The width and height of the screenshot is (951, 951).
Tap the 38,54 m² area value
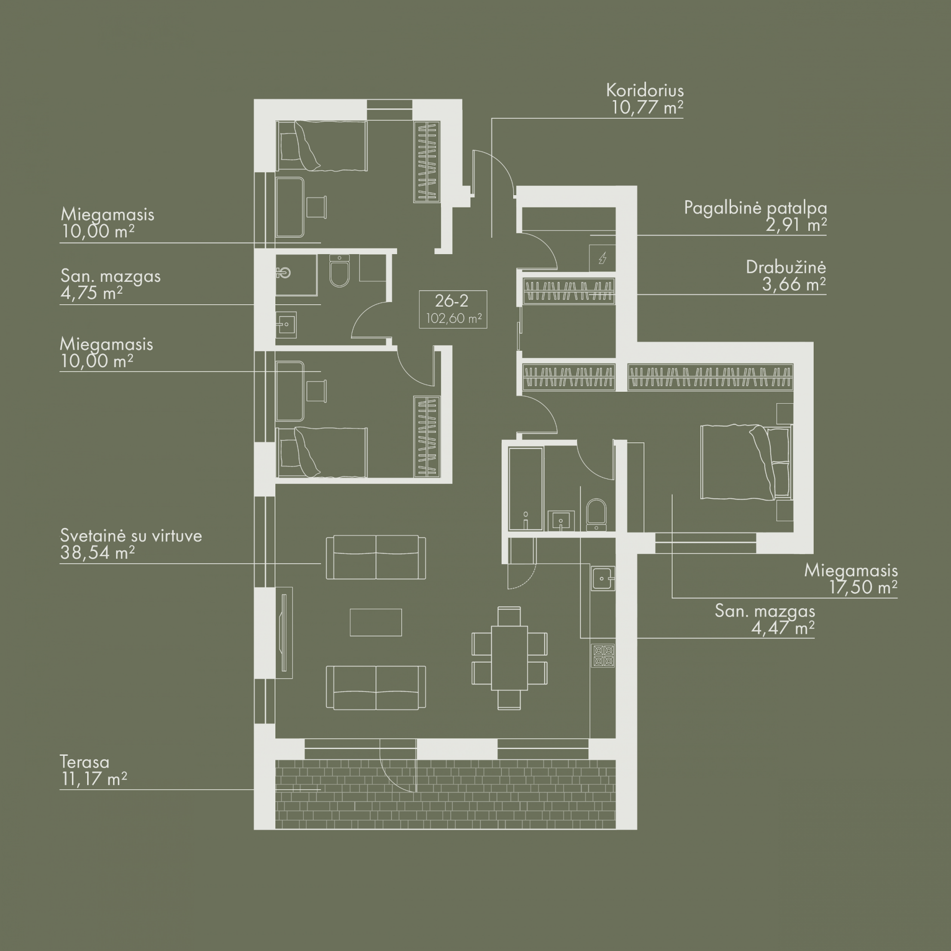97,553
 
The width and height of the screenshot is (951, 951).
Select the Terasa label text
84,762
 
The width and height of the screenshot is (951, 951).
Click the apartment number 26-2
452,301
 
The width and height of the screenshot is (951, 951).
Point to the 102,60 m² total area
454,318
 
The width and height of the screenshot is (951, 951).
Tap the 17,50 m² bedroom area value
863,587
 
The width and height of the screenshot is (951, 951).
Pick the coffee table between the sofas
375,622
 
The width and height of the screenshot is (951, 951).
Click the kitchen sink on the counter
603,579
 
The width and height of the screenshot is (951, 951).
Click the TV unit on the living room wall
284,633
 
